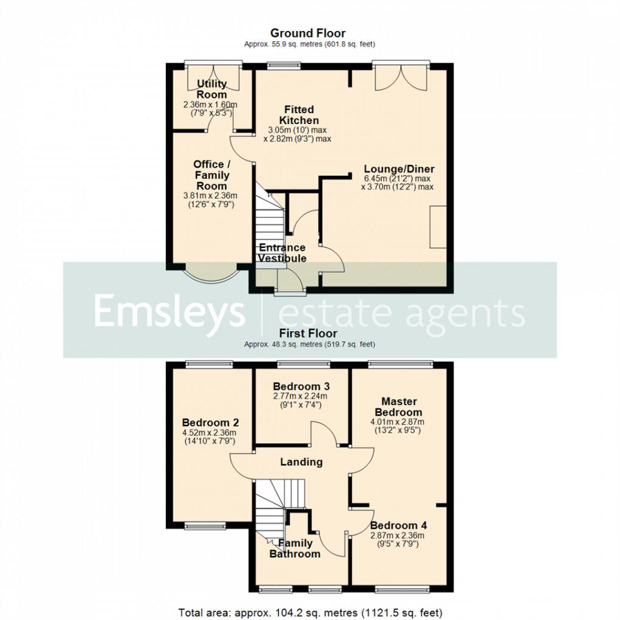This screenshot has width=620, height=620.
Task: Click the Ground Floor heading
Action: point(308,33)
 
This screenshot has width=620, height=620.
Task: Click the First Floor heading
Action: point(308,333)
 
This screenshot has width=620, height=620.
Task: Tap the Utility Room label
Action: point(212,89)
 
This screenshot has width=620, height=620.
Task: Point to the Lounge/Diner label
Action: point(399,169)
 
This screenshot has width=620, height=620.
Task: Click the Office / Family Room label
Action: point(212,175)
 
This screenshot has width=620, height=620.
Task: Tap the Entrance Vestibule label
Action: point(282,253)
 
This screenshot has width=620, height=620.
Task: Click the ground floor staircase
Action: point(267,222)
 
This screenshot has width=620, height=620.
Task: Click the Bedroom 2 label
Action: point(210,423)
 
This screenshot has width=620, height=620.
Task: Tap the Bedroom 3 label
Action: point(301,387)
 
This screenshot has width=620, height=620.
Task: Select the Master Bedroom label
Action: point(399,407)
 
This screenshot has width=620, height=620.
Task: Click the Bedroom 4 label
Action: point(394,525)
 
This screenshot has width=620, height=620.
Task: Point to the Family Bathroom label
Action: point(295,548)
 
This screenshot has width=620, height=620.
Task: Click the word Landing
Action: point(301,462)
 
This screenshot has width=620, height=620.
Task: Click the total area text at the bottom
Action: point(310,611)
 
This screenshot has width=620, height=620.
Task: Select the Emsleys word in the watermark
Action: point(169,312)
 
